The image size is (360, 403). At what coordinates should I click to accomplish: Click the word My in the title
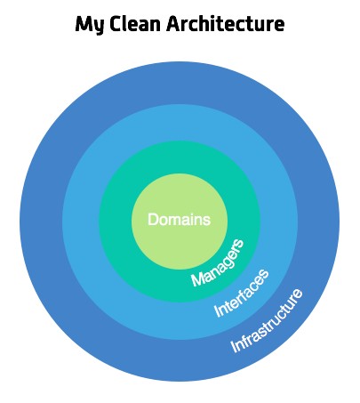90,24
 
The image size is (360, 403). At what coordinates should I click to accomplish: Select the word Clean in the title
136,24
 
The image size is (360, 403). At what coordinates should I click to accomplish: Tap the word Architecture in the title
226,23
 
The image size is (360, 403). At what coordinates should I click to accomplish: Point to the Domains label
180,220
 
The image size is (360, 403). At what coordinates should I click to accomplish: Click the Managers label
218,263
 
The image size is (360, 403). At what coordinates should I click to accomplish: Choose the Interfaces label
241,293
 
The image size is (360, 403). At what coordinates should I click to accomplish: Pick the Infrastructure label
267,320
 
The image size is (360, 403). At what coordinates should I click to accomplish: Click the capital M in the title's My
84,24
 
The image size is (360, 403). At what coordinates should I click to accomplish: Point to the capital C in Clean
116,24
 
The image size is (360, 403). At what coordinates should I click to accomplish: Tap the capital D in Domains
153,220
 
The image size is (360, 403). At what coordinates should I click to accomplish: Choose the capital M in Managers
196,279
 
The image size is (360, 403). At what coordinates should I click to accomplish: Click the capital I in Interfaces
218,311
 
